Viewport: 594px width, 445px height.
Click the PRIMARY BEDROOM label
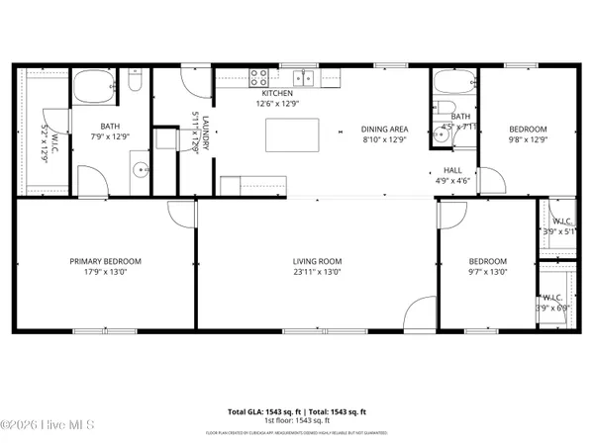(105, 261)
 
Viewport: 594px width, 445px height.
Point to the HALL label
(452, 169)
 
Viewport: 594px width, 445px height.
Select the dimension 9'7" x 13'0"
(487, 272)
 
